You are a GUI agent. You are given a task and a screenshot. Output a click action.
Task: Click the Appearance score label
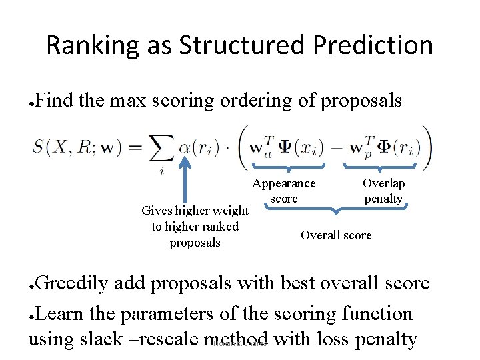click(283, 191)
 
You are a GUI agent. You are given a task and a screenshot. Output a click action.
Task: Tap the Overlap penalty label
click(383, 191)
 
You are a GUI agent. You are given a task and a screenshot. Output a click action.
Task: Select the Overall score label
click(336, 235)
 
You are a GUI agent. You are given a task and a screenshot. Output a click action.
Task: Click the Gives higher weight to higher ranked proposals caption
click(195, 227)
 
